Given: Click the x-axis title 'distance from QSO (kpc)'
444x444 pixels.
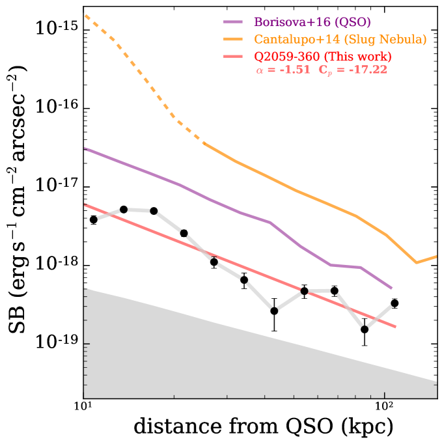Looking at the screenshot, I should point(263,427).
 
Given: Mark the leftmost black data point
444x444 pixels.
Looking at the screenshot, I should point(94,219).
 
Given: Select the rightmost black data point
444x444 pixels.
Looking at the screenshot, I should point(395,303).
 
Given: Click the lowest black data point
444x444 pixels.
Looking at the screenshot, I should point(365,329).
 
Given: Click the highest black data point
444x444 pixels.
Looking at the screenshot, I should point(124,209).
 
